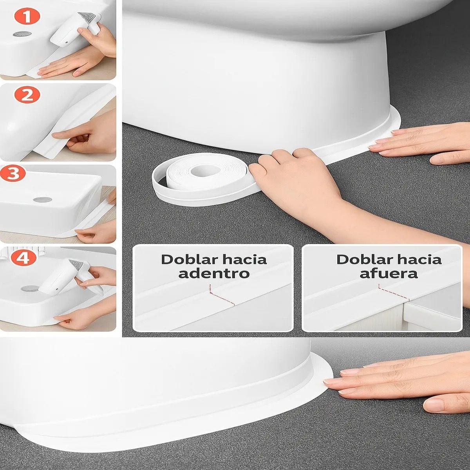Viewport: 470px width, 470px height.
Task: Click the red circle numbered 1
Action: pyautogui.click(x=27, y=17)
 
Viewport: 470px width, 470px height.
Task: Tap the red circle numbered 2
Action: pyautogui.click(x=27, y=95)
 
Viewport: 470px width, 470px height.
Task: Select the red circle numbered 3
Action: pyautogui.click(x=13, y=174)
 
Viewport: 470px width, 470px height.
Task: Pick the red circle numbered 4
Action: pyautogui.click(x=23, y=258)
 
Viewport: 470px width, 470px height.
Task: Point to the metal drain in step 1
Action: pyautogui.click(x=20, y=34)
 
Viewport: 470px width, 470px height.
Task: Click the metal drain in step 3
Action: pyautogui.click(x=42, y=200)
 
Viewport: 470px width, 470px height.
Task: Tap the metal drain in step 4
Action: pyautogui.click(x=29, y=289)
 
